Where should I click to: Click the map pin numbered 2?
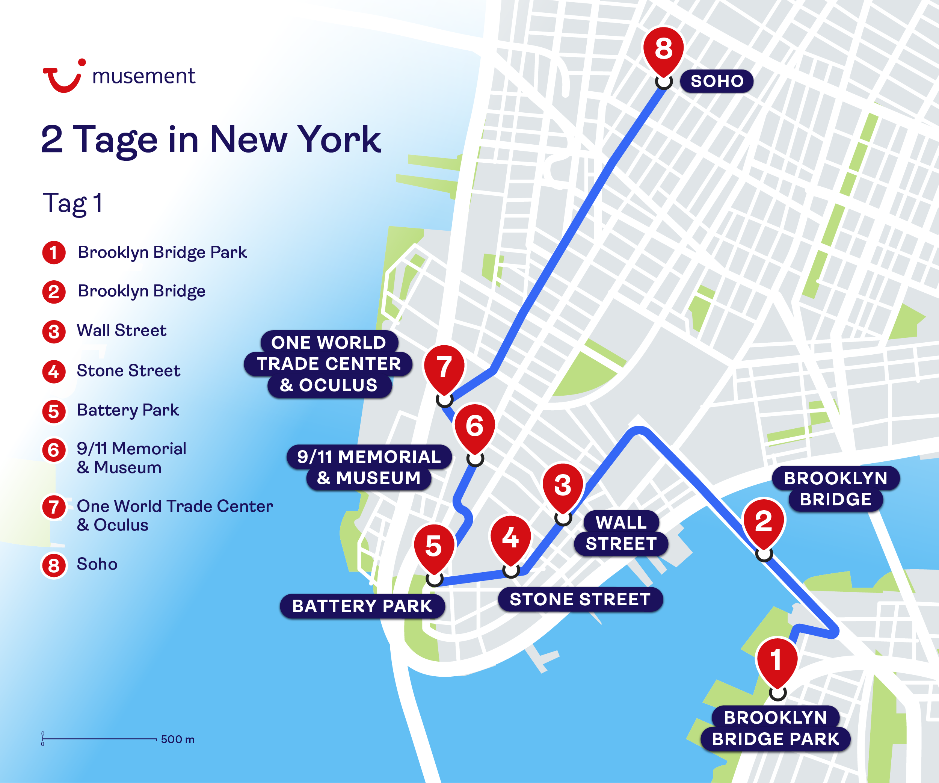click(x=764, y=522)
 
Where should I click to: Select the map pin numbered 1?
click(x=777, y=661)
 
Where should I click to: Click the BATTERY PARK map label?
click(x=362, y=606)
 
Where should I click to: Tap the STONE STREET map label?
click(x=580, y=599)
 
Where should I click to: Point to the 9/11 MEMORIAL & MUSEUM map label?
click(x=369, y=467)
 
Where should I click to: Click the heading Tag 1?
click(x=72, y=204)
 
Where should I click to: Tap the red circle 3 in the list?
click(x=54, y=332)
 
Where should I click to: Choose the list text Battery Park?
click(x=128, y=410)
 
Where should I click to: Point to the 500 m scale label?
click(x=178, y=739)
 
